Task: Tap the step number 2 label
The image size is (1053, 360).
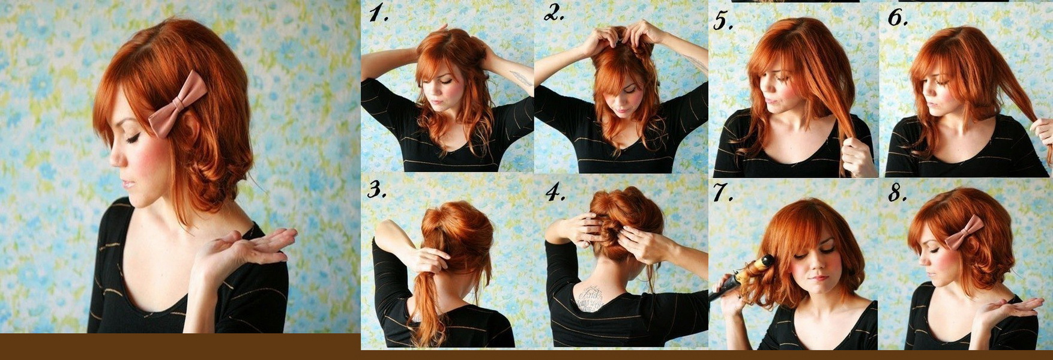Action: pyautogui.click(x=554, y=14)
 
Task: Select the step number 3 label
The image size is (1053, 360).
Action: pyautogui.click(x=376, y=190)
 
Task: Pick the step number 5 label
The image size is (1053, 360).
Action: pyautogui.click(x=724, y=21)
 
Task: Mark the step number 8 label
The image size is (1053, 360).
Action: pyautogui.click(x=898, y=193)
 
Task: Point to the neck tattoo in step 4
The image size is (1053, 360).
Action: pyautogui.click(x=591, y=299)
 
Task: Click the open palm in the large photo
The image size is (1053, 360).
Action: pyautogui.click(x=252, y=246)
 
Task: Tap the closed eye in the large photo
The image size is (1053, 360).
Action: pyautogui.click(x=133, y=137)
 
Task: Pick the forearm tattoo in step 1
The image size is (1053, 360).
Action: pyautogui.click(x=520, y=77)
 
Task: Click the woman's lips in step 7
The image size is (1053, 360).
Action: pyautogui.click(x=818, y=278)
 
